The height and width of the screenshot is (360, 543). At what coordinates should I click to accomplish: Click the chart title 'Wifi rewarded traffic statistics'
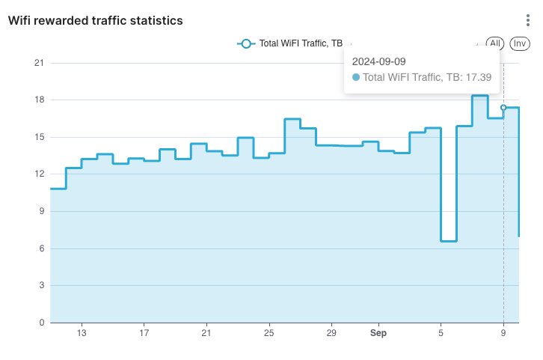[x=95, y=21]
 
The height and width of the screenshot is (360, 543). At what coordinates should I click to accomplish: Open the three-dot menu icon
[x=528, y=21]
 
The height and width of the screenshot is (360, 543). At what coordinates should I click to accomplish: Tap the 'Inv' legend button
[x=519, y=43]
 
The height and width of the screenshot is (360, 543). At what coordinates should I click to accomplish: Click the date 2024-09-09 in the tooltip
[x=378, y=61]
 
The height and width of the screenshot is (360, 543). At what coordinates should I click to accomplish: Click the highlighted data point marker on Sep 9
[x=503, y=108]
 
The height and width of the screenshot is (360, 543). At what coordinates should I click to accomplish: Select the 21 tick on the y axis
[x=39, y=64]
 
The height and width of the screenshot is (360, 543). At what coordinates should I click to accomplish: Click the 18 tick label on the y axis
[x=39, y=100]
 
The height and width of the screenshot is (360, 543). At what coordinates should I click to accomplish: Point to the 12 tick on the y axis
[x=39, y=174]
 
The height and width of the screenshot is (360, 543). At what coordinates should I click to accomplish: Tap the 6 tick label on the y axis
[x=41, y=248]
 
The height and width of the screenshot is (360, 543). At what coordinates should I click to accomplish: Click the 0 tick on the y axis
[x=41, y=323]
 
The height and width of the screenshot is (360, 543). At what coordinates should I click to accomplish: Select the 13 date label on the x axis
[x=82, y=333]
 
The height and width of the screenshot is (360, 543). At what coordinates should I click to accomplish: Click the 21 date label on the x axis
[x=206, y=333]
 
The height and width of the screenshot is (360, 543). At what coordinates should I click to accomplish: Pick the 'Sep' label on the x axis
[x=378, y=333]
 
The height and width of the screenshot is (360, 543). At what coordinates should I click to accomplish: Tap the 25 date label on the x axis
[x=269, y=333]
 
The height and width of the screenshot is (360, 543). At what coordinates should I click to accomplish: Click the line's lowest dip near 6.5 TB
[x=448, y=241]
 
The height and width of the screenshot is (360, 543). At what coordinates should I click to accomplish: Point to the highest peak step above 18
[x=479, y=96]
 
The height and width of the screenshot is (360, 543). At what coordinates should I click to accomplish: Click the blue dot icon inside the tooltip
[x=356, y=77]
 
